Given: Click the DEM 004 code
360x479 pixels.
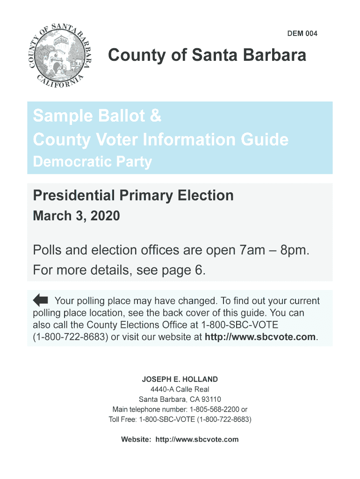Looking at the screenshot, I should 302,34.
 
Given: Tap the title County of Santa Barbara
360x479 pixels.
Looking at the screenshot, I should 207,56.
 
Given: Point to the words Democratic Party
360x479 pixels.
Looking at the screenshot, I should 93,162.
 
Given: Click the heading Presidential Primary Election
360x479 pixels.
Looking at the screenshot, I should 133,195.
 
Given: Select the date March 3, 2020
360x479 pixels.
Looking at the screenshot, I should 76,216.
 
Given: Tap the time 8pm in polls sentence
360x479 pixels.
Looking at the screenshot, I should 294,251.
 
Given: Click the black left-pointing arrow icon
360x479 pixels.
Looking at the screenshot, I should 41,300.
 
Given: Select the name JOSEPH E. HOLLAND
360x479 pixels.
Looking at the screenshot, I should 180,379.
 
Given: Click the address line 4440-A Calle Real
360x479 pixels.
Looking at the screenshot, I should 180,389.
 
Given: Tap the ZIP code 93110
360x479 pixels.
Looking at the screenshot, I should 211,399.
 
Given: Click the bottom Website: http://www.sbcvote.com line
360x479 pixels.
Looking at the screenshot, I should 180,439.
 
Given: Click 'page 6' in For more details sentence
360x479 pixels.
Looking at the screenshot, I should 185,271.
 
